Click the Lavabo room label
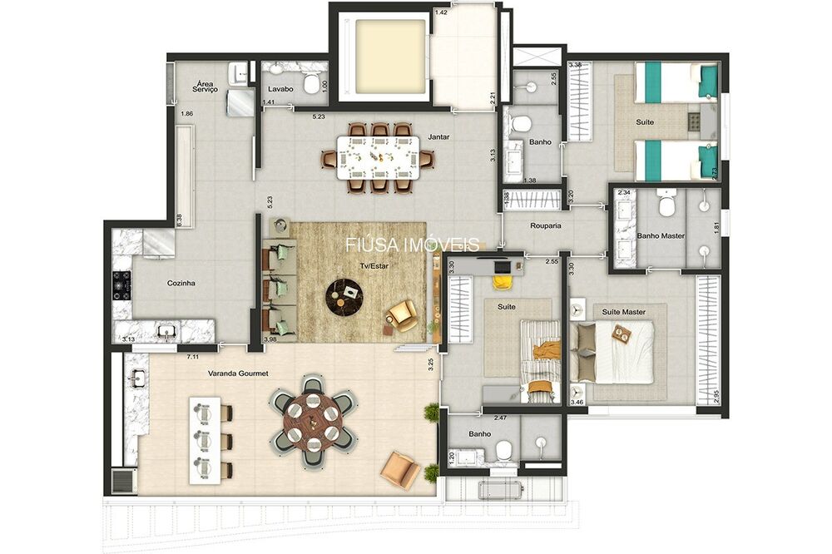(278, 89)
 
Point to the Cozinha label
(181, 283)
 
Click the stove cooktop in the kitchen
(121, 283)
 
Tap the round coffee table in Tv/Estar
(344, 294)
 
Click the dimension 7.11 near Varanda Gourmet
(192, 357)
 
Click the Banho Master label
(661, 236)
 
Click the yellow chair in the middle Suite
(502, 281)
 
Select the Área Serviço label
(205, 87)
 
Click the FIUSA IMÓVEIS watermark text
(413, 245)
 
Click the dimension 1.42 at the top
(442, 12)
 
